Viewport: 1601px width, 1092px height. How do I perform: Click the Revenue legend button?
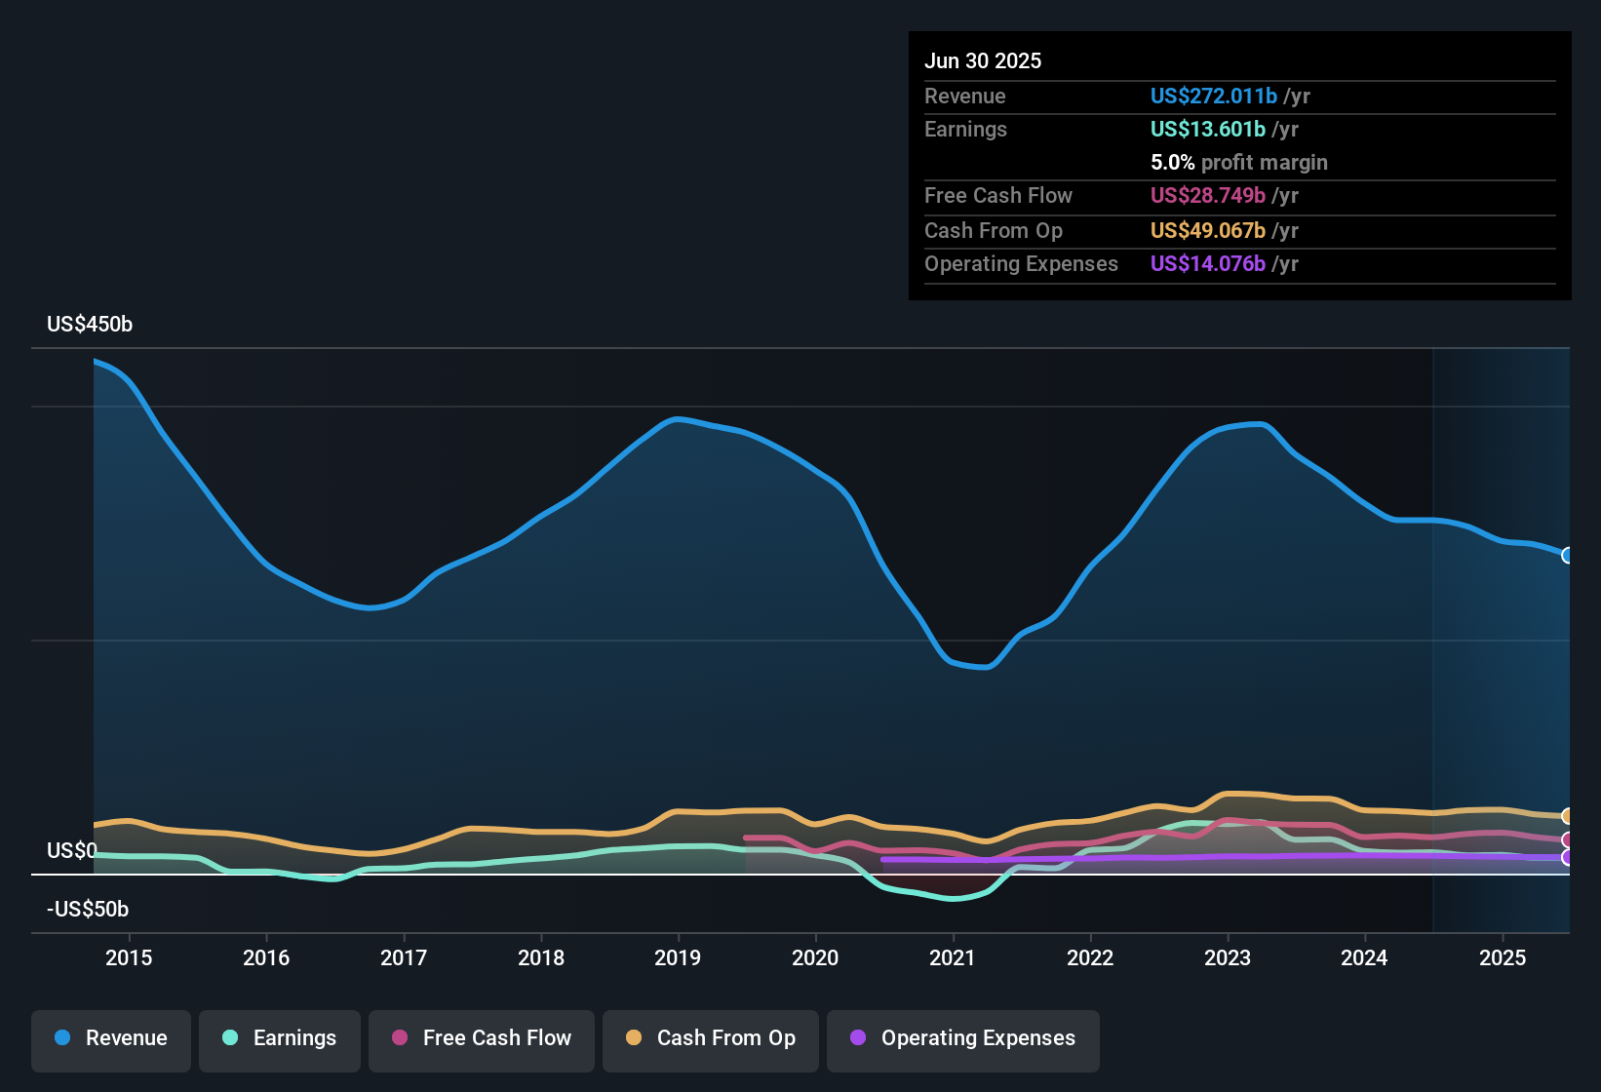[111, 1038]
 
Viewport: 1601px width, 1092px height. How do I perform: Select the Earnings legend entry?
[280, 1038]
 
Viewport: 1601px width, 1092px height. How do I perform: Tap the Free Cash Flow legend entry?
[482, 1038]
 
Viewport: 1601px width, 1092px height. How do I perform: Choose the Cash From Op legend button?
[711, 1038]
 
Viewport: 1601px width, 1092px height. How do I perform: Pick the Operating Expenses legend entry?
[963, 1038]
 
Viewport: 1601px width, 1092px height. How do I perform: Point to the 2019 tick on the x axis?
[678, 957]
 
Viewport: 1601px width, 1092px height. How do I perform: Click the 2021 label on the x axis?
[953, 957]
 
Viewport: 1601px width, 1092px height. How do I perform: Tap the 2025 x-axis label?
[1503, 957]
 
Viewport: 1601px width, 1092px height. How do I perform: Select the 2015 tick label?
[129, 957]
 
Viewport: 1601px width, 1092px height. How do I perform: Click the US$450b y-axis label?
[90, 325]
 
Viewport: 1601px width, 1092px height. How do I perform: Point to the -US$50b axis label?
[88, 910]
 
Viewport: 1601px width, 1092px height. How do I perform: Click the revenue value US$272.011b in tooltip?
[1213, 96]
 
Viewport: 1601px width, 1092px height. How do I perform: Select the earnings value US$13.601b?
[1207, 129]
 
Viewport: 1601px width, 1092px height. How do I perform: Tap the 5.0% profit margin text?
[1238, 162]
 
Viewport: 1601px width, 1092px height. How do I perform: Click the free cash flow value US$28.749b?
[1207, 195]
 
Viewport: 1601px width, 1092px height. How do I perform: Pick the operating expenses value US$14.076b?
[1207, 263]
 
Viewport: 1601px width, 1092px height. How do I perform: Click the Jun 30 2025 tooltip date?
[983, 60]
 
